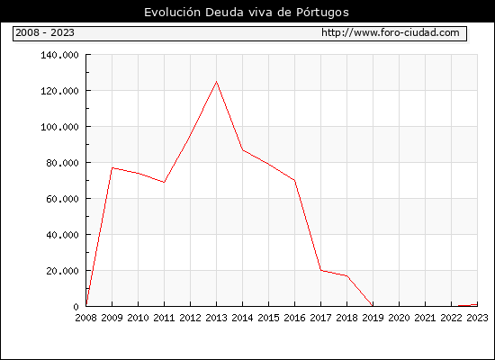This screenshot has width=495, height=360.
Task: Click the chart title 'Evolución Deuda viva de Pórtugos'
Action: (x=247, y=13)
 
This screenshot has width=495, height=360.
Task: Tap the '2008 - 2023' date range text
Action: (x=45, y=32)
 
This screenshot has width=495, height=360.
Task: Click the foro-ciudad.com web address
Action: (x=391, y=32)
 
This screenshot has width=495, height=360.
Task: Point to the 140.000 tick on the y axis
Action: (x=59, y=55)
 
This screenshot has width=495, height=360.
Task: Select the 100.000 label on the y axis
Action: (x=59, y=127)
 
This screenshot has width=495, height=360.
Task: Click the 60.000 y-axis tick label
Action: (x=62, y=199)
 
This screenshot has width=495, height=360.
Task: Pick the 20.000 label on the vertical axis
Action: (x=62, y=271)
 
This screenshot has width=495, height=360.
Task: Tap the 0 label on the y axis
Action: (x=76, y=307)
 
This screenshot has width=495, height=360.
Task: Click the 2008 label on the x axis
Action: (x=85, y=318)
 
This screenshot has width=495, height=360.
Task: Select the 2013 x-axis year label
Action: (x=216, y=318)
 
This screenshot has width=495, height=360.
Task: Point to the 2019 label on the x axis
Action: (x=373, y=318)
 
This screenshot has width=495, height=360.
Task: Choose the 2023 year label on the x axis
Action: (x=477, y=318)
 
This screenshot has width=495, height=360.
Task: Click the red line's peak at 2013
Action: (x=216, y=82)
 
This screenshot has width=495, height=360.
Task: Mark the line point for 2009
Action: (x=112, y=167)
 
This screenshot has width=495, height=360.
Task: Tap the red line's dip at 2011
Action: (x=164, y=182)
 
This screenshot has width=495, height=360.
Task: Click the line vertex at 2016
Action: (x=294, y=180)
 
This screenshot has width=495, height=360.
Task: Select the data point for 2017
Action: (x=320, y=270)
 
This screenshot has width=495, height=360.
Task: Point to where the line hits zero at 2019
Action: (x=373, y=306)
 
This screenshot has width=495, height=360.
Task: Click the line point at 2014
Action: (x=242, y=150)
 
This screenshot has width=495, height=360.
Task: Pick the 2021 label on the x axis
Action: (x=425, y=318)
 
